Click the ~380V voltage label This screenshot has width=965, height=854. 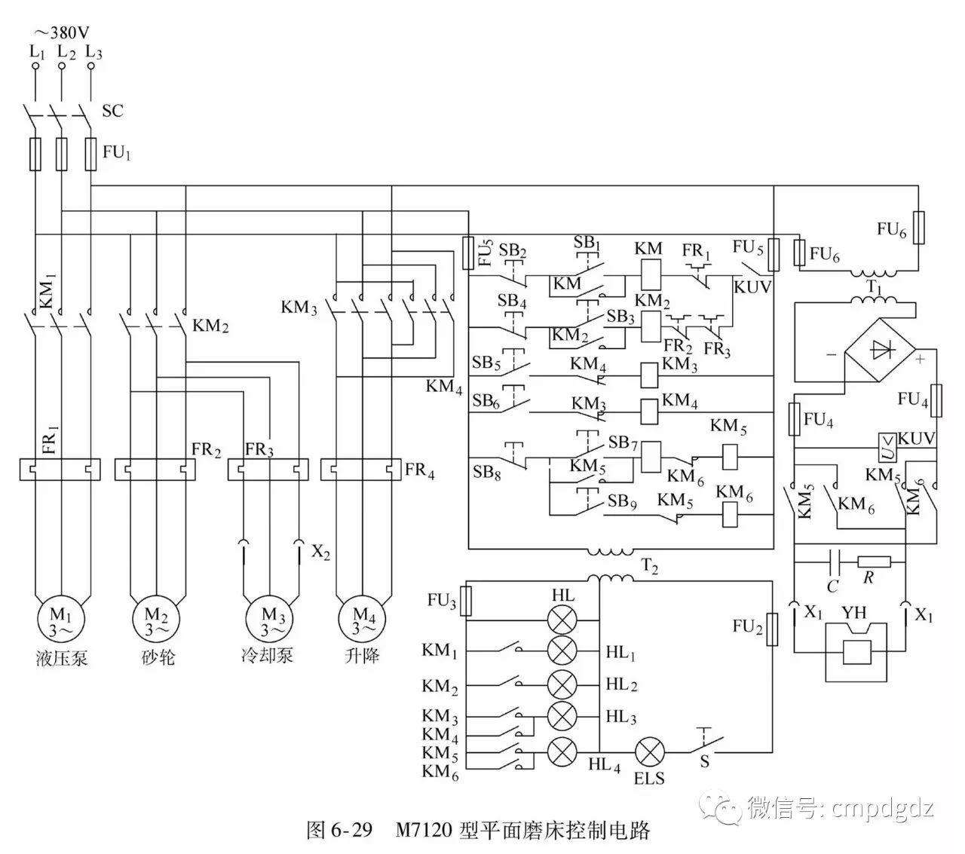63,32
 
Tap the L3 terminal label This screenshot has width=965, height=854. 93,52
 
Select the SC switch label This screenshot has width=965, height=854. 112,111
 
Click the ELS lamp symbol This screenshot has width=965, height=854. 649,751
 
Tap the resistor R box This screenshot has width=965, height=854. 874,561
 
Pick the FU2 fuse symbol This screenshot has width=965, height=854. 772,627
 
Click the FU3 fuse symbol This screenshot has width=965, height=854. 467,601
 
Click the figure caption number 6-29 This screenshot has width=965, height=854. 351,831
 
